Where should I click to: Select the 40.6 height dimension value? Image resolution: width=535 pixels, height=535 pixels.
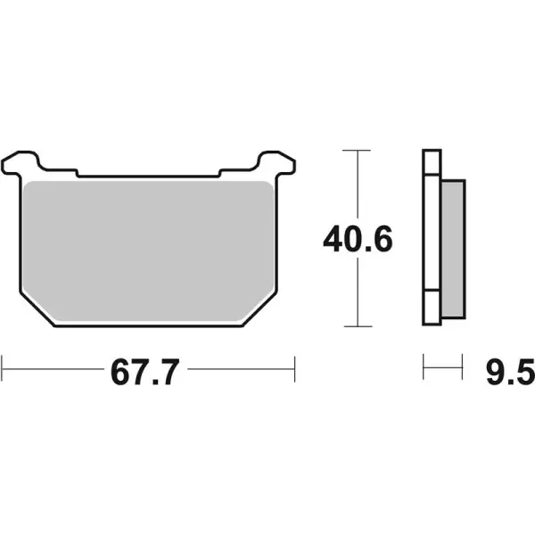(x=357, y=239)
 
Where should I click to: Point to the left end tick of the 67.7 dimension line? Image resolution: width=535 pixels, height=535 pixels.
(x=4, y=365)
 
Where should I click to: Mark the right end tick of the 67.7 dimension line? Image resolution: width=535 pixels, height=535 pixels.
(x=294, y=365)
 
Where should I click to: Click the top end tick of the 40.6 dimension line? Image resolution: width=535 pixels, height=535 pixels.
(x=357, y=150)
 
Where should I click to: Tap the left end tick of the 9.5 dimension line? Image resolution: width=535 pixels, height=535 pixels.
(x=424, y=365)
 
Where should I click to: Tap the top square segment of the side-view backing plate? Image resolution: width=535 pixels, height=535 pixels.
(x=431, y=161)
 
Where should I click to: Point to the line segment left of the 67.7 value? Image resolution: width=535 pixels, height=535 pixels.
(x=53, y=365)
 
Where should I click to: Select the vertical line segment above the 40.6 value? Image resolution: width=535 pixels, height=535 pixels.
(x=357, y=183)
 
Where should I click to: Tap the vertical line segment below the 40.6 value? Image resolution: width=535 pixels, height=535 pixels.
(x=357, y=294)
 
